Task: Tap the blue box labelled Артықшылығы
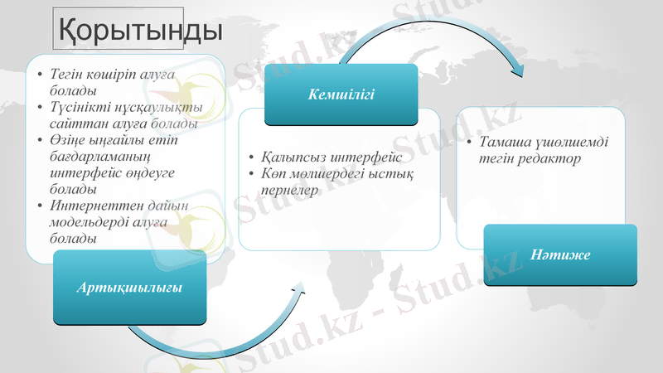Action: [129, 287]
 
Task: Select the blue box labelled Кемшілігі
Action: [341, 94]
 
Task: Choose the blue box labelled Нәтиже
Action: [560, 254]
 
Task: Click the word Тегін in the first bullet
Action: [68, 75]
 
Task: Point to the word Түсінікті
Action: [82, 107]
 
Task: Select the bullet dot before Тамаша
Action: [470, 143]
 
